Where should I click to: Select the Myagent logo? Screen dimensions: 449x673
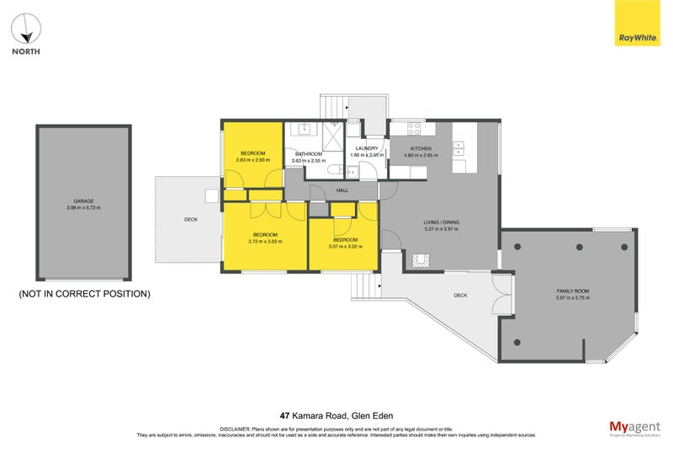point(634,427)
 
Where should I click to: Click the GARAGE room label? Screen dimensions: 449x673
point(83,201)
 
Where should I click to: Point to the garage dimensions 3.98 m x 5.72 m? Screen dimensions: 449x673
point(83,208)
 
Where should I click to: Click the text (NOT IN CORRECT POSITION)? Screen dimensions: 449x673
point(84,294)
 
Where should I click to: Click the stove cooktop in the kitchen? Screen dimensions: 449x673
point(414,129)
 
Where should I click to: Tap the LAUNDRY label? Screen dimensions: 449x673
point(367,148)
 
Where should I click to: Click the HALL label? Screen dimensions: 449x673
point(342,191)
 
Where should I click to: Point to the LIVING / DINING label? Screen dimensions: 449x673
point(441,222)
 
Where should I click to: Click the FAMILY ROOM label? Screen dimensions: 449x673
point(572,291)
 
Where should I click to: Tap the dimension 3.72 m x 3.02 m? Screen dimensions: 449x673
point(265,241)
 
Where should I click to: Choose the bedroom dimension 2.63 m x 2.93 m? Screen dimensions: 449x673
point(252,160)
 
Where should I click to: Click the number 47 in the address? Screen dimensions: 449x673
point(284,415)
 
